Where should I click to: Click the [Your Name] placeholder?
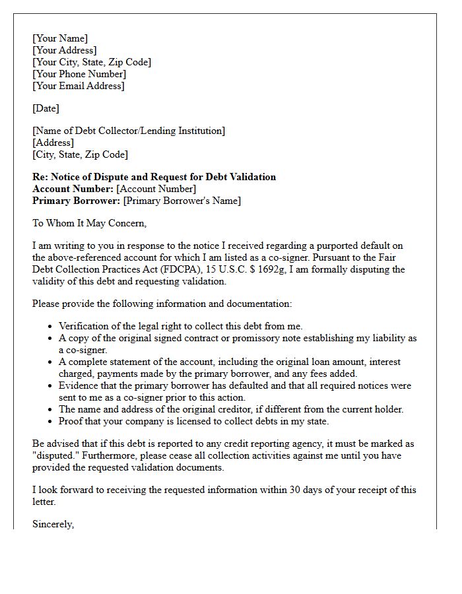(x=60, y=38)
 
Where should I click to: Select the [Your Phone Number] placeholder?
(x=79, y=74)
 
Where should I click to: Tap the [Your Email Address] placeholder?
(x=79, y=86)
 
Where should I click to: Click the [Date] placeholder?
(x=46, y=108)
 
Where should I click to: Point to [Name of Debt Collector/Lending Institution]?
(x=129, y=131)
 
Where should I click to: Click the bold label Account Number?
(x=73, y=189)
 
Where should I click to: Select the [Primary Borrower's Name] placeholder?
(x=182, y=201)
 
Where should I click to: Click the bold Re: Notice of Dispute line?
(x=154, y=177)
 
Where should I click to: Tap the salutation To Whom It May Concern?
(x=89, y=223)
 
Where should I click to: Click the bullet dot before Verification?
(x=51, y=327)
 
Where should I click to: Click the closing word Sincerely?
(x=53, y=524)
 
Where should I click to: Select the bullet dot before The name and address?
(x=51, y=410)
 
